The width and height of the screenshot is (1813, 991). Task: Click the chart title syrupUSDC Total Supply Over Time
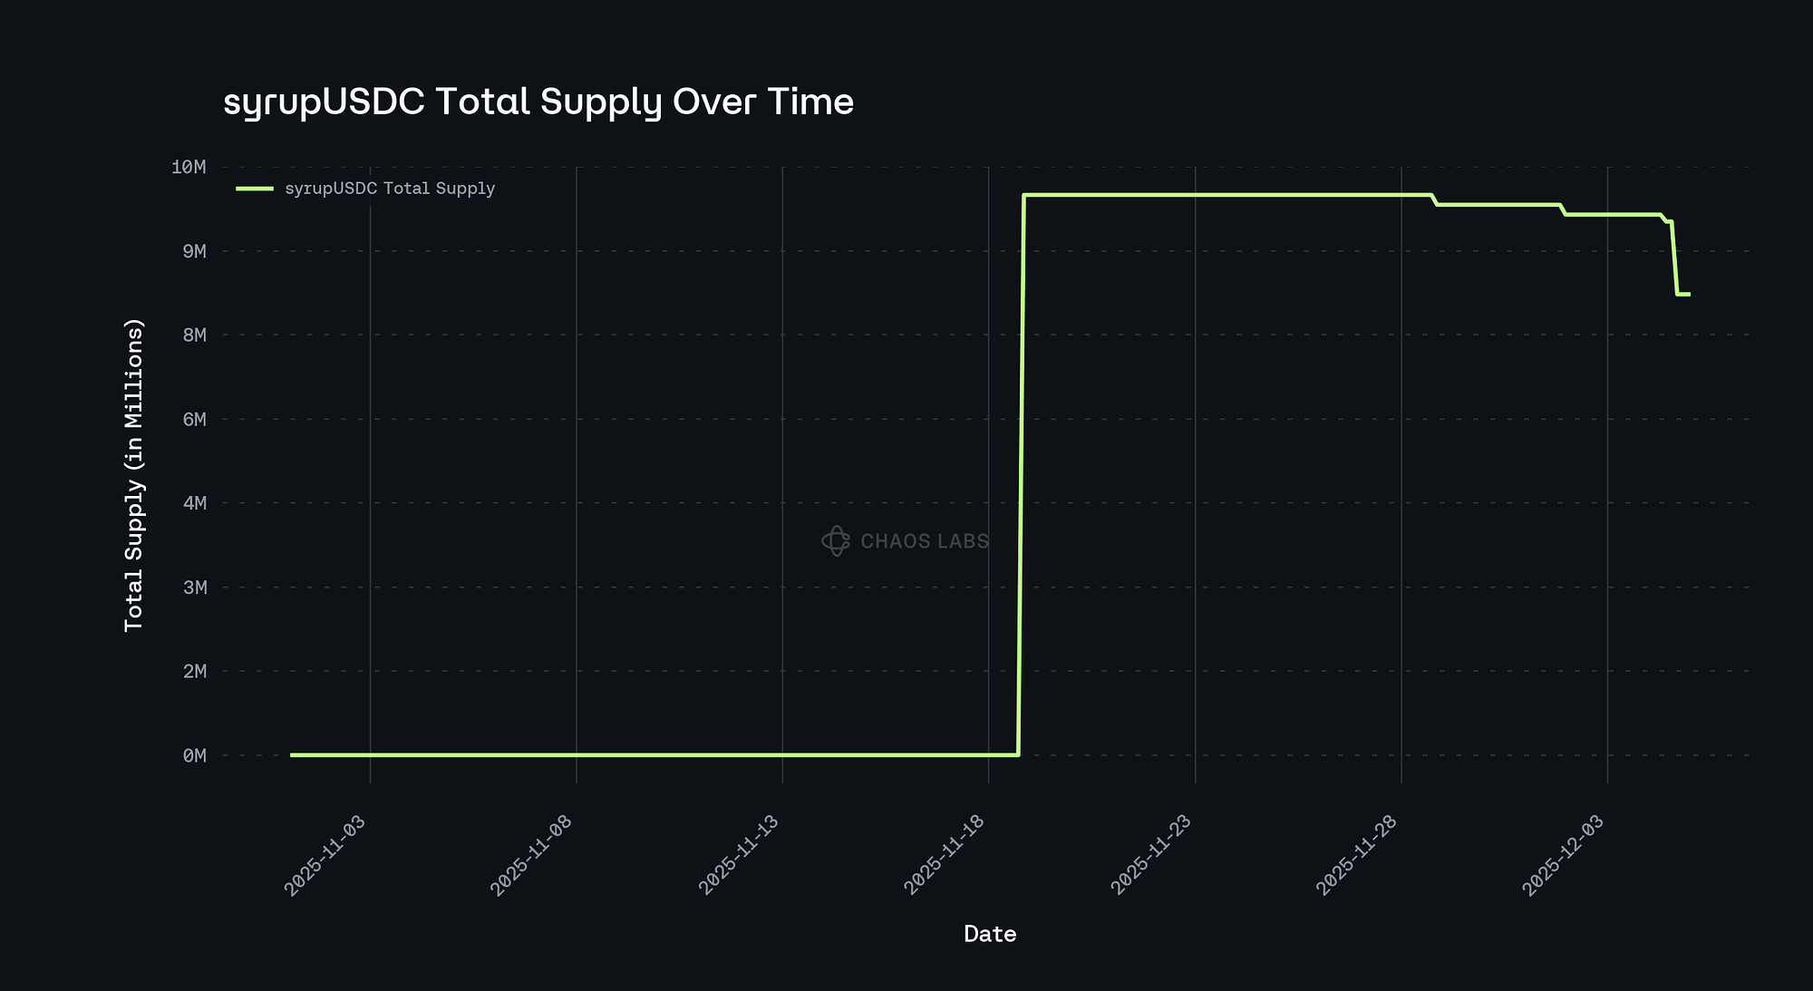[x=538, y=102]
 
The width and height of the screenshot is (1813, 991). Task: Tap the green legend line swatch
[x=255, y=189]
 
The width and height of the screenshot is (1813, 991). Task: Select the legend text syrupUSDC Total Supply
[x=390, y=189]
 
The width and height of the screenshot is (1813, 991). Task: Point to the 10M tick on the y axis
[x=189, y=167]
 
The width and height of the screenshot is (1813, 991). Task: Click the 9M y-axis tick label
[x=194, y=251]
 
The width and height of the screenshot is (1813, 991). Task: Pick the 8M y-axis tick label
[x=194, y=335]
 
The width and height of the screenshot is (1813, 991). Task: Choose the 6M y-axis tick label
[x=194, y=419]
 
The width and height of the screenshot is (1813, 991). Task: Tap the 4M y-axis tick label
[x=194, y=503]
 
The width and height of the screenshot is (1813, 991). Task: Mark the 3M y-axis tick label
[x=194, y=588]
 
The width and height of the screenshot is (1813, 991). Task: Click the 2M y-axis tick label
[x=194, y=671]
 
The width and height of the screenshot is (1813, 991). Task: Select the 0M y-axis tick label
[x=194, y=755]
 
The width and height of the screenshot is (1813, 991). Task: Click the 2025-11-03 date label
[x=325, y=856]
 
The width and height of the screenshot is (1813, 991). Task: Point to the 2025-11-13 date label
[x=738, y=856]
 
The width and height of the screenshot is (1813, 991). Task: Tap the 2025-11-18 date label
[x=944, y=856]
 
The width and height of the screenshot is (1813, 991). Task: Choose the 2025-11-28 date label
[x=1356, y=856]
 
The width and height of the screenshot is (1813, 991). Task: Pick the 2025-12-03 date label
[x=1563, y=856]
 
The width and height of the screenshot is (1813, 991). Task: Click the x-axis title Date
[x=990, y=934]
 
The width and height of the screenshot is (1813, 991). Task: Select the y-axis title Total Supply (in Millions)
[x=134, y=474]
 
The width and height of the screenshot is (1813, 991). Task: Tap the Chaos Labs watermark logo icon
[x=835, y=541]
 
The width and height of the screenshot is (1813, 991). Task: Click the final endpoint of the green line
[x=1689, y=294]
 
